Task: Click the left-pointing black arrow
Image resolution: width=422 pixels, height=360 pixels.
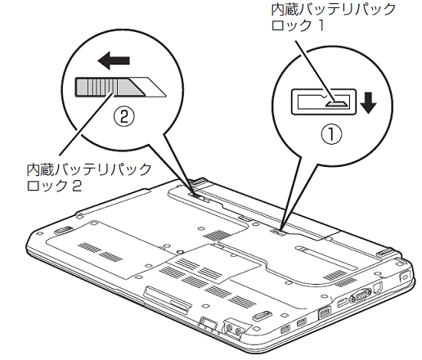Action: coord(114,61)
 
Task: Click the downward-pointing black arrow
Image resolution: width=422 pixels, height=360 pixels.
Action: coord(368,102)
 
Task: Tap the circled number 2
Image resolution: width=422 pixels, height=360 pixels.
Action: coord(124,117)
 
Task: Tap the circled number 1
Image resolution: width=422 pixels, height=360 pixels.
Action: coord(331,134)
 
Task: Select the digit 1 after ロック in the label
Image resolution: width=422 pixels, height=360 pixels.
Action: coord(321,25)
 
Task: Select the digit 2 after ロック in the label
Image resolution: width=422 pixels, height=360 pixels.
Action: coord(77,186)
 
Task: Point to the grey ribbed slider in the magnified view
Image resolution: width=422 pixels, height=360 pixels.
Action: coord(109,87)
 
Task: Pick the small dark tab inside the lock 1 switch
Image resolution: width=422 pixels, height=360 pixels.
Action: coord(337,103)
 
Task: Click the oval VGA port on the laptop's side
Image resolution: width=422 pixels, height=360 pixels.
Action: coord(360,295)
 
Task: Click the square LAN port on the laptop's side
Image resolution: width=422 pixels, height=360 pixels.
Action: coord(325,312)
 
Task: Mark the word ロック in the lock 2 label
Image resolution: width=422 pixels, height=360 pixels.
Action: coord(47,186)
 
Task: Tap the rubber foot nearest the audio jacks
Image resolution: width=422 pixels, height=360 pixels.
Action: coord(260,315)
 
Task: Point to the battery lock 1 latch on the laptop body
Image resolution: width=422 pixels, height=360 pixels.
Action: coord(277,232)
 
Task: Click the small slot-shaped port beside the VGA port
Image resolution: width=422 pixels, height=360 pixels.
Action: coord(341,303)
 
